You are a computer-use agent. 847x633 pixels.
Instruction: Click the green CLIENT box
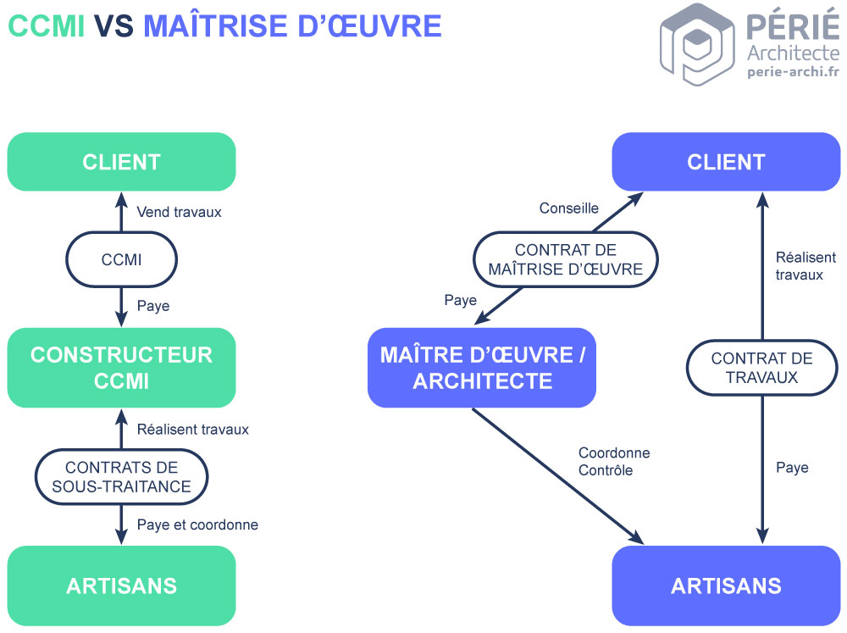tap(121, 162)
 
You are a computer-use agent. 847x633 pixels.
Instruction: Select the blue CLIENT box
tap(726, 162)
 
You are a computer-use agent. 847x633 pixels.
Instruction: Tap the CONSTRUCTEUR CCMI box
tap(121, 368)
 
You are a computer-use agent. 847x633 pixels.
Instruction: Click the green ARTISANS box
tap(121, 586)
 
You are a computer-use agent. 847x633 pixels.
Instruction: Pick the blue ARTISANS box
tap(726, 586)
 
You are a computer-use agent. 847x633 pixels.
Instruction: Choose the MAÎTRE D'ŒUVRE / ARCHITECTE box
tap(482, 368)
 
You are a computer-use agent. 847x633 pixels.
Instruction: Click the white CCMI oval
tap(121, 260)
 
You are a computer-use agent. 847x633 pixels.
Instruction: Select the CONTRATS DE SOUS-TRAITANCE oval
tap(121, 476)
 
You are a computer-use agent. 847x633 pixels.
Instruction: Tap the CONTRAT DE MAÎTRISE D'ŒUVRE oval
tap(565, 260)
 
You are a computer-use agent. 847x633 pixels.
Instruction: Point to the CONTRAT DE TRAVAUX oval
tap(761, 368)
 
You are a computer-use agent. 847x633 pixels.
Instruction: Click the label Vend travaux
tap(179, 212)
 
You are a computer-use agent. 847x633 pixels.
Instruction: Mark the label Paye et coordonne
tap(197, 525)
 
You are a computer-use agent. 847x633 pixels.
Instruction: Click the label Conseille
tap(569, 208)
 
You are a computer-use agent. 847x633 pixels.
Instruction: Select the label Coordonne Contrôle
tap(614, 462)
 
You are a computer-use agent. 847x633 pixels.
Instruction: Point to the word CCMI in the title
tap(47, 27)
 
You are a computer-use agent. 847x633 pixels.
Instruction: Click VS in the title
tap(114, 27)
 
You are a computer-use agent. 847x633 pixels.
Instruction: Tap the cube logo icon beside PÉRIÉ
tap(697, 44)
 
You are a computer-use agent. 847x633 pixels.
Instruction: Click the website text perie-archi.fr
tap(793, 72)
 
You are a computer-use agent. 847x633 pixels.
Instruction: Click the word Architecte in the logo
tap(794, 53)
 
